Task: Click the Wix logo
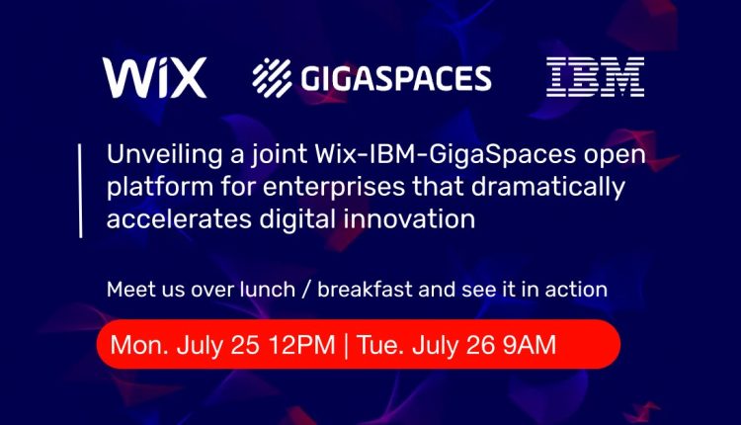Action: (x=154, y=77)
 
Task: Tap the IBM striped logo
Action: (x=596, y=77)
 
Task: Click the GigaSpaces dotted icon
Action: (x=272, y=77)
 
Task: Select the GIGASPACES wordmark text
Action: (x=396, y=78)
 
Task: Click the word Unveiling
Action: (x=164, y=155)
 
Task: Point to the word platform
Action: (x=160, y=188)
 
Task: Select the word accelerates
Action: (x=179, y=219)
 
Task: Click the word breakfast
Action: (x=365, y=290)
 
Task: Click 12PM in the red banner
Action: (x=302, y=345)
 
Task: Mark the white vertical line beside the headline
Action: (x=80, y=191)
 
